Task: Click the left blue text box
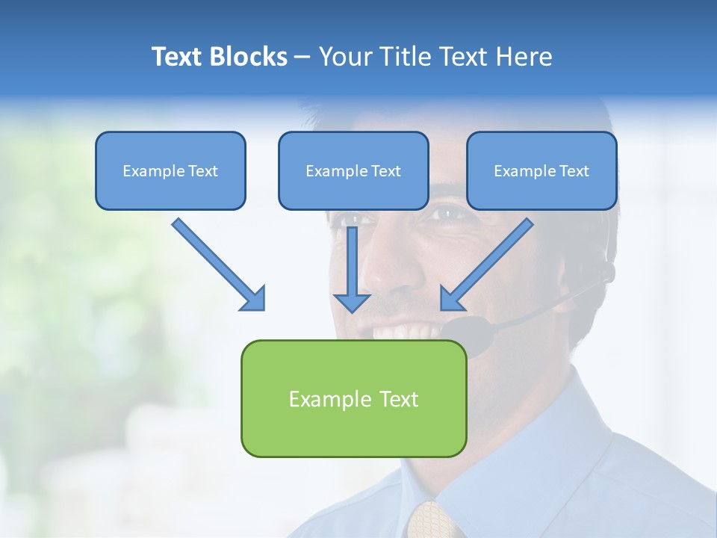click(x=170, y=170)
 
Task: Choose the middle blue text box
click(x=353, y=170)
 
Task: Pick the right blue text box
click(x=541, y=170)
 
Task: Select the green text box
click(x=353, y=398)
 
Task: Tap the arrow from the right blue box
click(x=489, y=262)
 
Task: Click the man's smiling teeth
click(x=400, y=330)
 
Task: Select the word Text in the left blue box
click(x=202, y=171)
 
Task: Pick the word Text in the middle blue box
click(x=385, y=171)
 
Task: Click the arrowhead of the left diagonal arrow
click(x=254, y=298)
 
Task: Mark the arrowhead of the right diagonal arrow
click(x=452, y=298)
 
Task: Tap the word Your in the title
click(x=344, y=57)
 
